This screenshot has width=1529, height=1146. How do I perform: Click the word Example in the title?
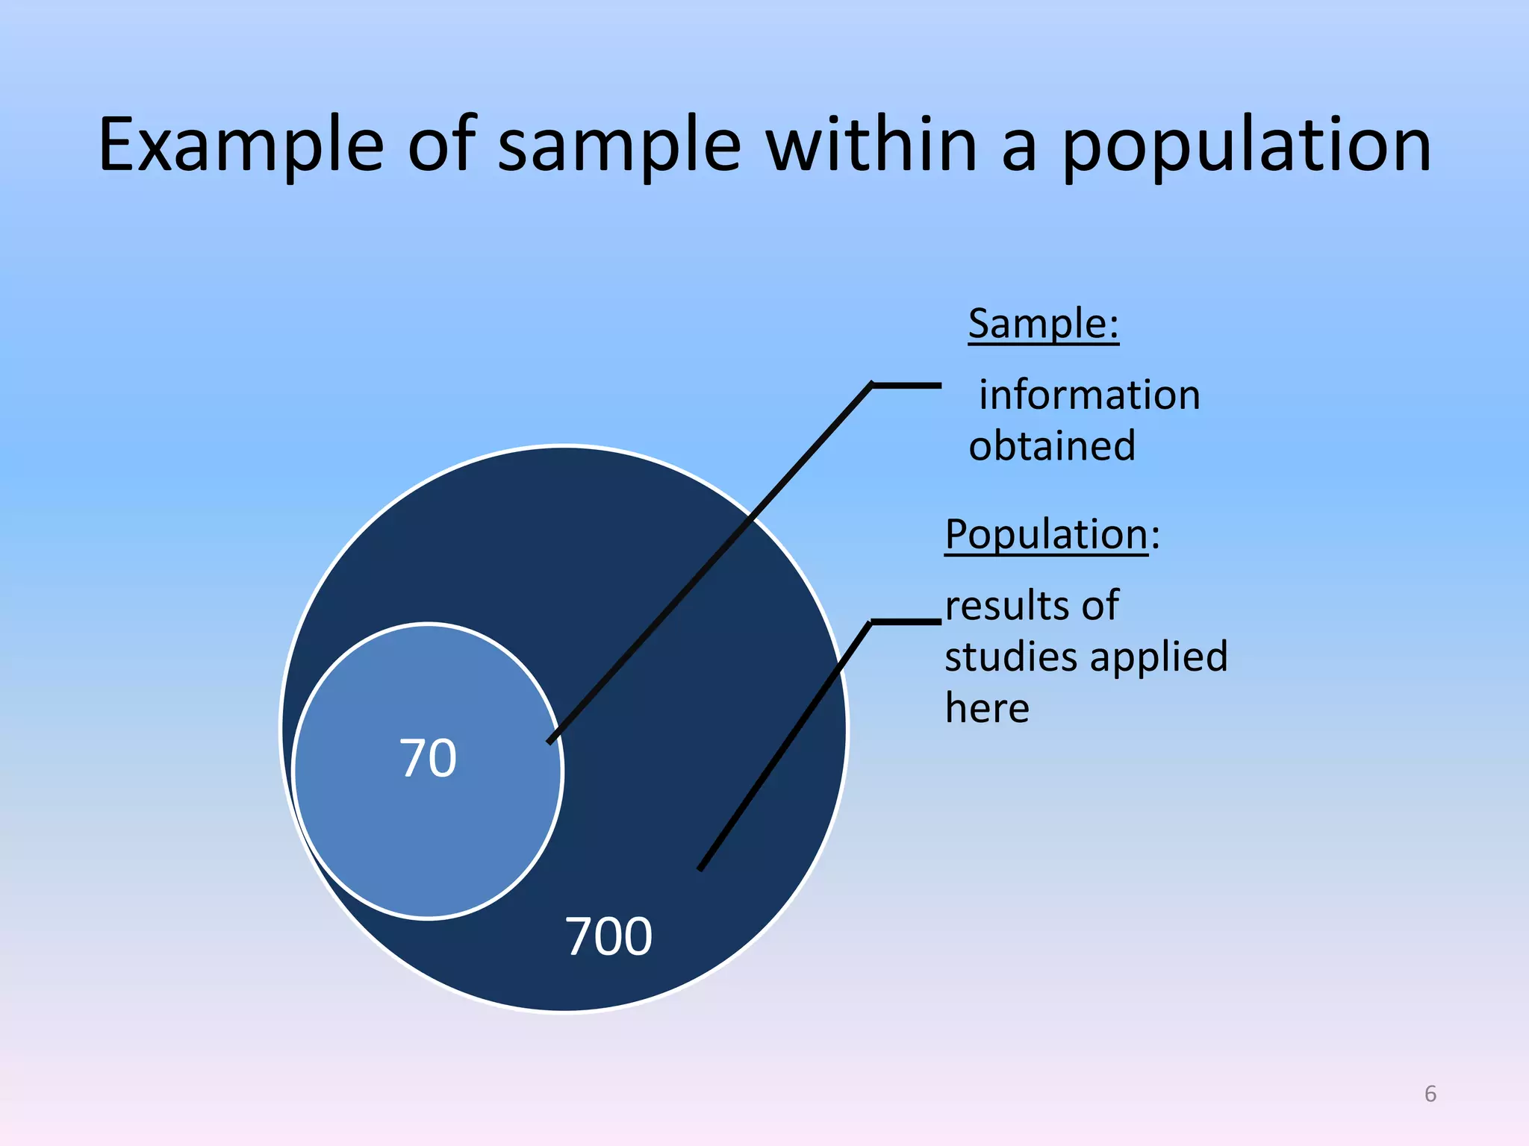pyautogui.click(x=241, y=145)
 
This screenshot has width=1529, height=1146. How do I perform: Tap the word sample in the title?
pyautogui.click(x=619, y=145)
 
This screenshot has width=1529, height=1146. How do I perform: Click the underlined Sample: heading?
pyautogui.click(x=1043, y=324)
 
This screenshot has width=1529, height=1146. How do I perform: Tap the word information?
pyautogui.click(x=1089, y=395)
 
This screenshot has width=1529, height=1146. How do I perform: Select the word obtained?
pyautogui.click(x=1052, y=446)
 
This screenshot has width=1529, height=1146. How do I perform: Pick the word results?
pyautogui.click(x=1001, y=605)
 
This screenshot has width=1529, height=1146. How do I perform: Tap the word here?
pyautogui.click(x=987, y=708)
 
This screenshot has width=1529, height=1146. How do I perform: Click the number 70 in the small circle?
pyautogui.click(x=428, y=759)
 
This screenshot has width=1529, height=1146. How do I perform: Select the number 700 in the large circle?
pyautogui.click(x=608, y=936)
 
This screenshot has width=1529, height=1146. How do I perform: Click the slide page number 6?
pyautogui.click(x=1430, y=1094)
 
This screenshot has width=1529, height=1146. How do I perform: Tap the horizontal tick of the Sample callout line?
pyautogui.click(x=906, y=385)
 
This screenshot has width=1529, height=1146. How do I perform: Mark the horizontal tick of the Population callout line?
pyautogui.click(x=906, y=621)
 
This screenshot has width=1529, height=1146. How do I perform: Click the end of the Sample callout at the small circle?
pyautogui.click(x=551, y=741)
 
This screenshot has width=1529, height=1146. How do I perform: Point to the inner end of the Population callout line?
pyautogui.click(x=701, y=868)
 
